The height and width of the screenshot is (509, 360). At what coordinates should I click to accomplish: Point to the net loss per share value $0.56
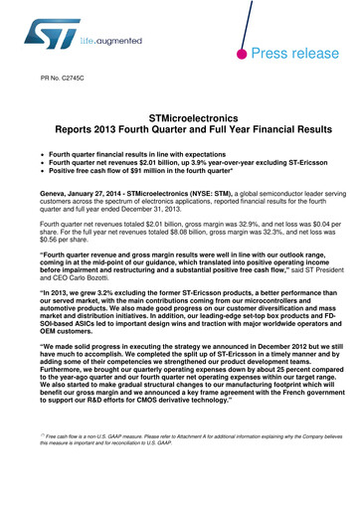click(60, 239)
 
